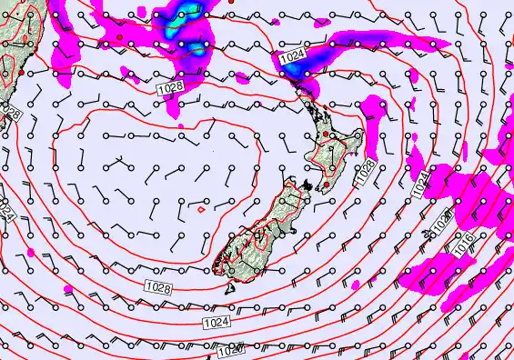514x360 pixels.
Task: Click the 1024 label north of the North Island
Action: [292, 57]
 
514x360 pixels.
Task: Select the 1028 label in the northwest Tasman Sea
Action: [168, 87]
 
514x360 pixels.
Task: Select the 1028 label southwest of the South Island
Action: [156, 287]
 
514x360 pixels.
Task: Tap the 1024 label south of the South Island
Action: [216, 322]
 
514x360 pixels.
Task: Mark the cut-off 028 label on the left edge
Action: [9, 114]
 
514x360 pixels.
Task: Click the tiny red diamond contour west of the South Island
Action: [200, 210]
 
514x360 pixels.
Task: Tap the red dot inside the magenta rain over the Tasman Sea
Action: [119, 36]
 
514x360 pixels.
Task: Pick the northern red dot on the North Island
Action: [326, 134]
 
